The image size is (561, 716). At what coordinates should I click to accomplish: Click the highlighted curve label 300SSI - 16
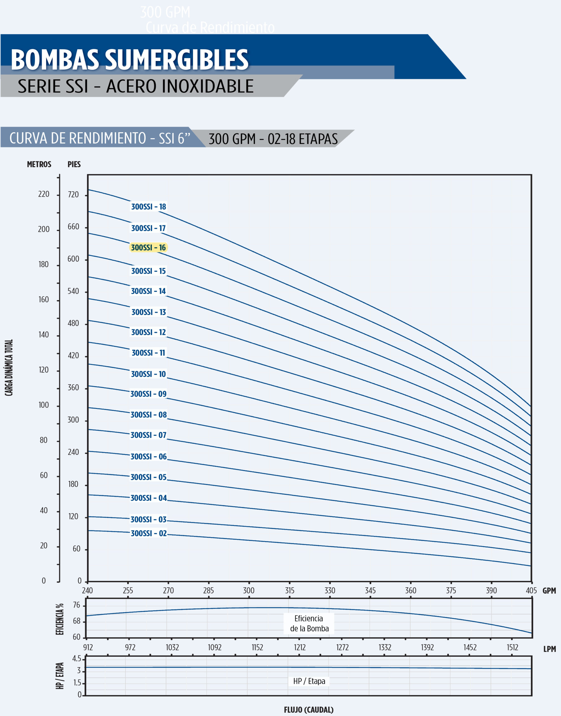pos(148,248)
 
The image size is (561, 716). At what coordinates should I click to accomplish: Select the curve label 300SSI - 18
pos(148,207)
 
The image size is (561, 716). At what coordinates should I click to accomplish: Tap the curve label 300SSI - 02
pos(148,533)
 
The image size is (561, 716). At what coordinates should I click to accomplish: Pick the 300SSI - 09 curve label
pos(148,394)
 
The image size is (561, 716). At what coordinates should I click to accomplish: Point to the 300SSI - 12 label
pos(148,332)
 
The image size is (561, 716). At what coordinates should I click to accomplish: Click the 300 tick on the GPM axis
pos(249,590)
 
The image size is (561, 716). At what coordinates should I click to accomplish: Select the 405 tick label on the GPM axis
pos(531,590)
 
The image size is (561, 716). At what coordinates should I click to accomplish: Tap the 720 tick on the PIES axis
pos(73,194)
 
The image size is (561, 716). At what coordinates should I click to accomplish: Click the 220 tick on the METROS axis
pos(44,194)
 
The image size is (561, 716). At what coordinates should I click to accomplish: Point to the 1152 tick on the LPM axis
pos(257,647)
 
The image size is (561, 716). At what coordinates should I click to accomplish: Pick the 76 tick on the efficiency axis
pos(77,605)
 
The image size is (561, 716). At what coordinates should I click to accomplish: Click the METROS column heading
pos(39,164)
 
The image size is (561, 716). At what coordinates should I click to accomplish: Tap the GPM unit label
pos(549,591)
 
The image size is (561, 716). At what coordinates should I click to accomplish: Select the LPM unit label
pos(550,649)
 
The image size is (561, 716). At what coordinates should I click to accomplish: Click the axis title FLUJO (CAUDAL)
pos(308,710)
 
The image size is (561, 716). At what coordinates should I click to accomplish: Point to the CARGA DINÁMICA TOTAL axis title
pos(9,368)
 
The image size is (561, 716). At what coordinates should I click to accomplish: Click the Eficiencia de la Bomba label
pos(309,623)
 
